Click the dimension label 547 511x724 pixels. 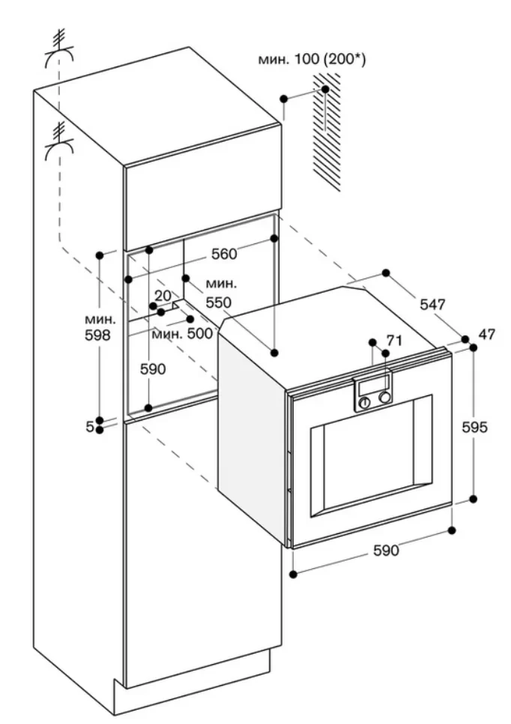pyautogui.click(x=432, y=305)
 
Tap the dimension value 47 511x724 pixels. pyautogui.click(x=487, y=335)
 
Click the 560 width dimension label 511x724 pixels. pyautogui.click(x=223, y=255)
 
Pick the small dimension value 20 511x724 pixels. pyautogui.click(x=163, y=296)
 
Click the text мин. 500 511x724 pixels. pyautogui.click(x=182, y=334)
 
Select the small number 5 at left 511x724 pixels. pyautogui.click(x=90, y=426)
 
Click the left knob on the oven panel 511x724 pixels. pyautogui.click(x=365, y=402)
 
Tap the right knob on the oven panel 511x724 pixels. pyautogui.click(x=384, y=398)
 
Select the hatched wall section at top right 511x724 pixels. pyautogui.click(x=327, y=135)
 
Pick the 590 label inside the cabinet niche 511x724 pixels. pyautogui.click(x=153, y=369)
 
